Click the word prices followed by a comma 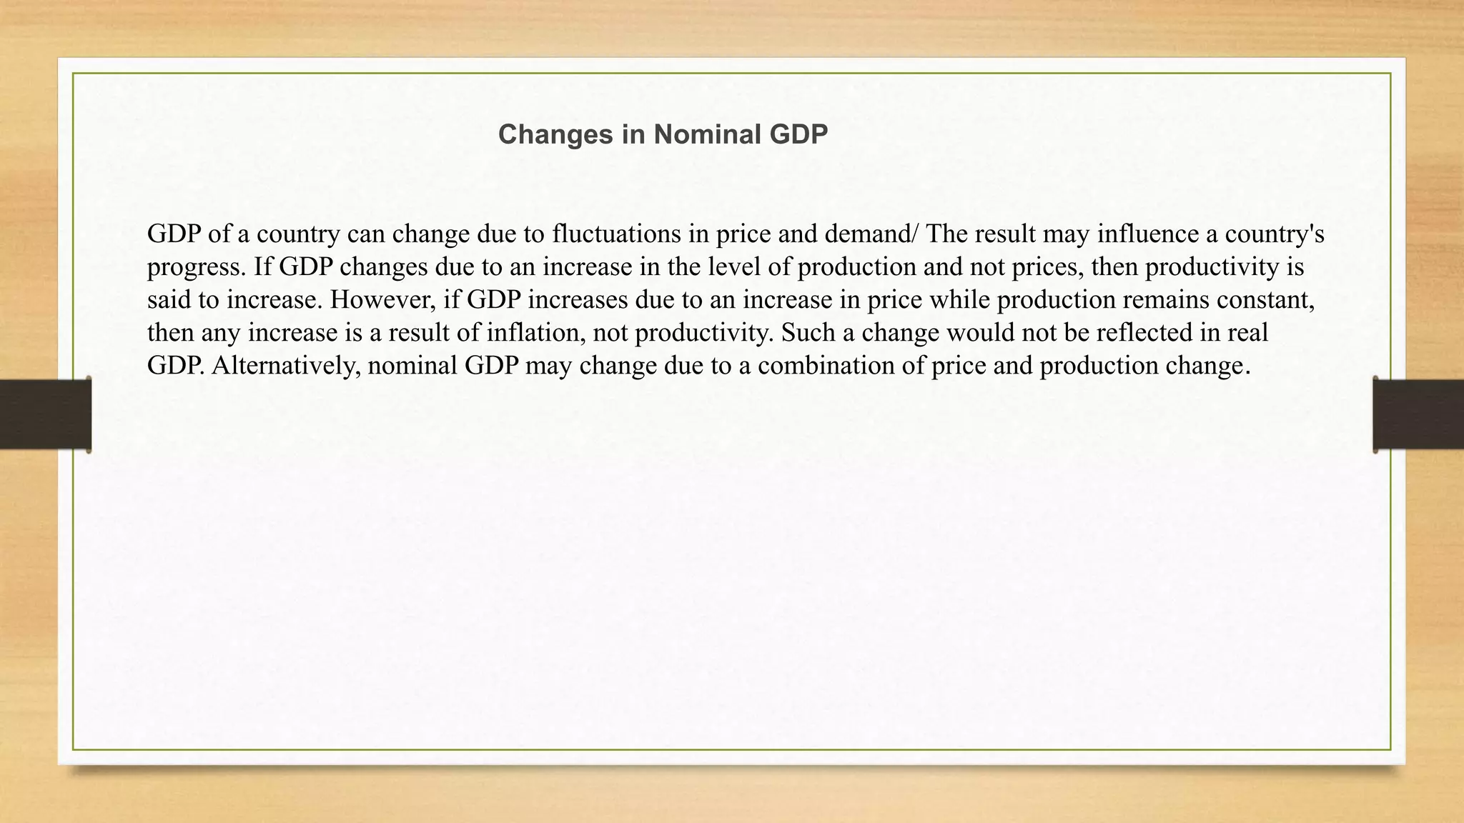(1052, 267)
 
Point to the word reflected (1153, 332)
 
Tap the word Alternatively (286, 365)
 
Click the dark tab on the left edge (45, 414)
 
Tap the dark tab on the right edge (1418, 414)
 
